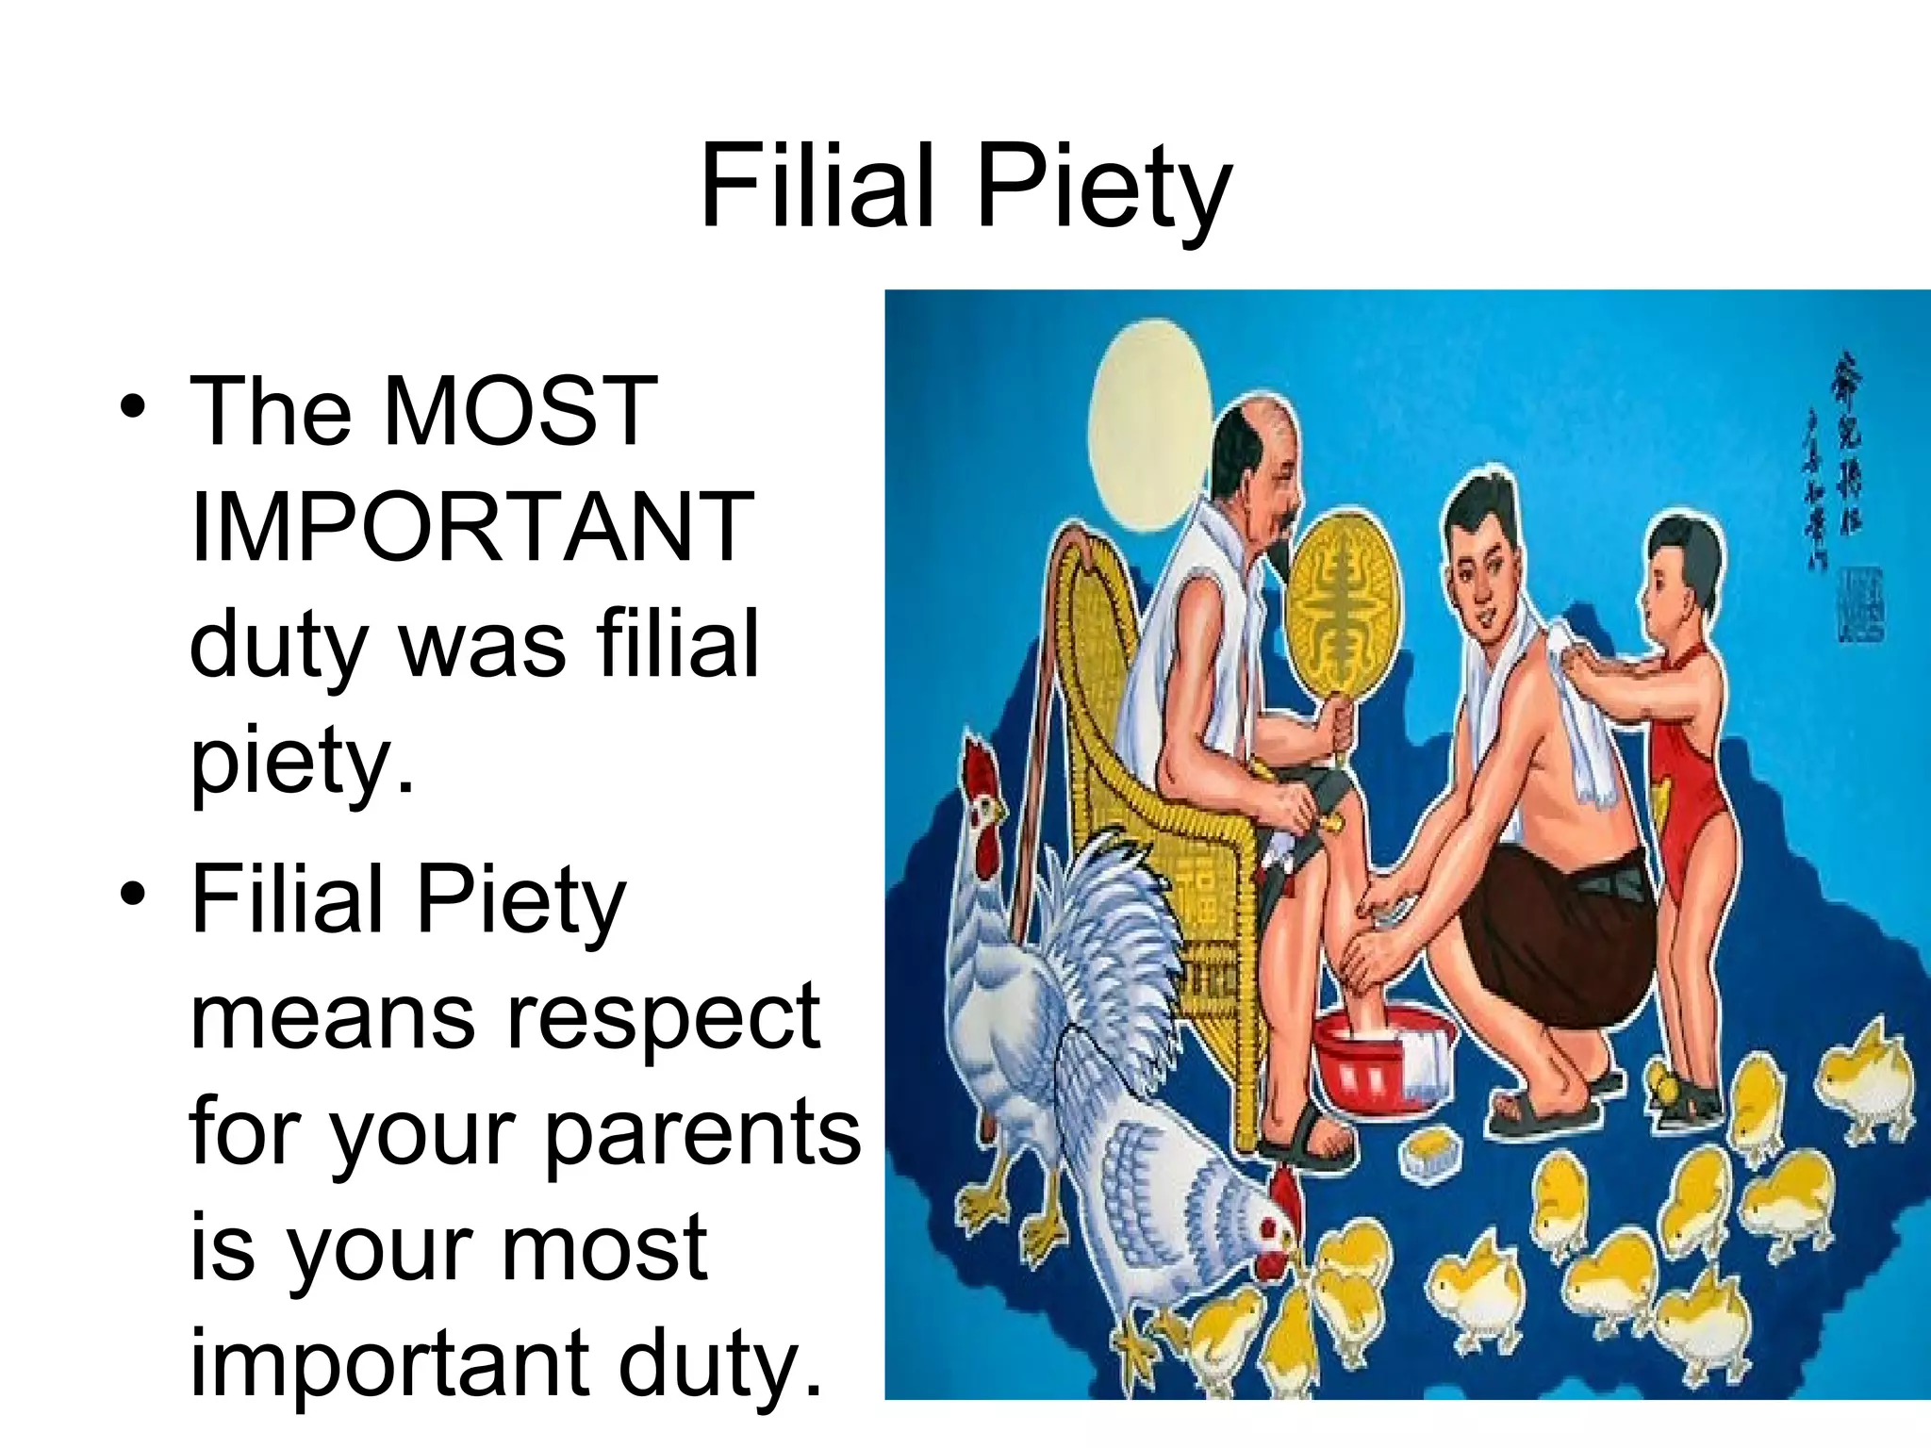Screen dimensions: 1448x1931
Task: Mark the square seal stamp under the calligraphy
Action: (1859, 603)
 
